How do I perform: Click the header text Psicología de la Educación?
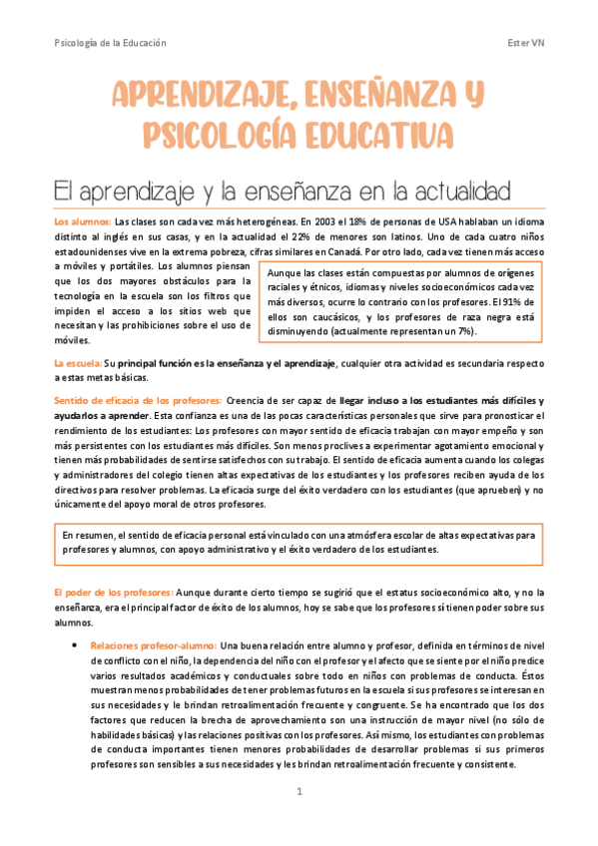point(110,43)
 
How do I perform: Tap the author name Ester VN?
point(525,43)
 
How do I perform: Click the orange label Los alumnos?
point(82,221)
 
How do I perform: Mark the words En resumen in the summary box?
point(85,535)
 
